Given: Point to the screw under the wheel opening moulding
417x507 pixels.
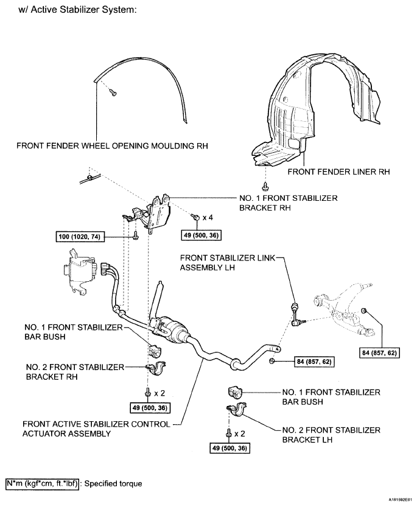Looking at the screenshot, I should coord(113,93).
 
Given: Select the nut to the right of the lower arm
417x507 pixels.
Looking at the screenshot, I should coord(363,312).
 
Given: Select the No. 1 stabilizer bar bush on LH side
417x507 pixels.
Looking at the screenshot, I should coord(236,391).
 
